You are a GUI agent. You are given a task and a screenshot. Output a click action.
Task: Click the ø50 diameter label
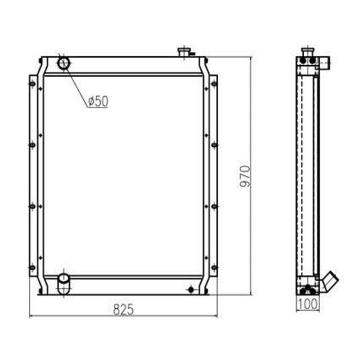98,101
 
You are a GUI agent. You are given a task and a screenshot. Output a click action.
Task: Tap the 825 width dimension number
123,308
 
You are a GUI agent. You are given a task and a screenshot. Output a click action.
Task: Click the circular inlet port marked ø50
64,63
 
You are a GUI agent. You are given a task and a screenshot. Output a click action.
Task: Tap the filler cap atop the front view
184,52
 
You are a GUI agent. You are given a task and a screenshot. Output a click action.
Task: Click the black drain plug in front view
191,290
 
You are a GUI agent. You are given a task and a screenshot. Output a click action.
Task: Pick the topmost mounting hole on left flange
31,84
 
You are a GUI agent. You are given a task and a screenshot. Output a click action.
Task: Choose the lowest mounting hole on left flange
31,267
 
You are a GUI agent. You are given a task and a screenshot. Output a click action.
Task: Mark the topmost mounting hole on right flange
214,84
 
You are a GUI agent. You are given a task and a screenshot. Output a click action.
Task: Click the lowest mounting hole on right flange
214,267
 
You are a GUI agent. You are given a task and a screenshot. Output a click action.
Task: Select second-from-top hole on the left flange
31,145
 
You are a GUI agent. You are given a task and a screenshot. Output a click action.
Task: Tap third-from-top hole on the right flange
214,206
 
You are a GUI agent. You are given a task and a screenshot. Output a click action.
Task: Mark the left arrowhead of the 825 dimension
31,316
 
